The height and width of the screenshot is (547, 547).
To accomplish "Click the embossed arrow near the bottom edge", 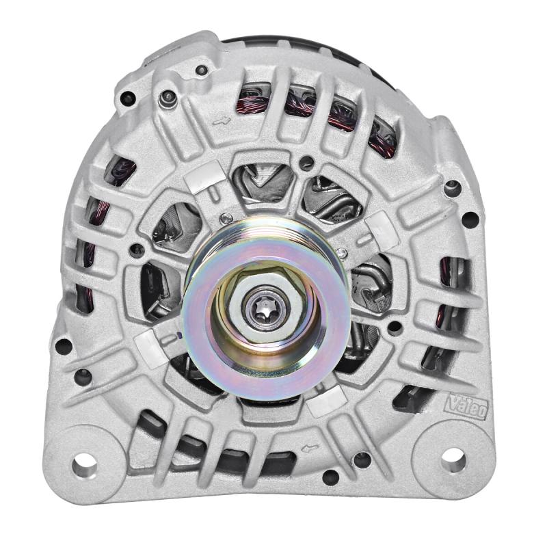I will click(x=308, y=449).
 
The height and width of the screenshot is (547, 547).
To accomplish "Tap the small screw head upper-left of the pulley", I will click(x=226, y=218).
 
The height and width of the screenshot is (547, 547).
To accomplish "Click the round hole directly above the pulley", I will click(x=308, y=163).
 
